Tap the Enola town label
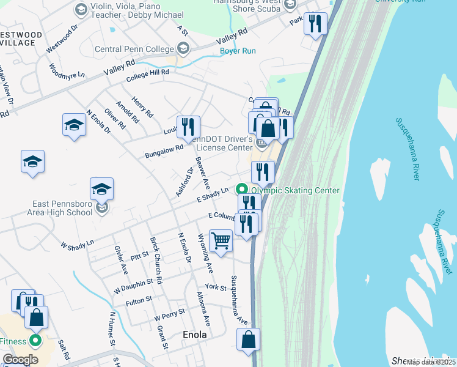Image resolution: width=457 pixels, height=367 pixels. [195, 335]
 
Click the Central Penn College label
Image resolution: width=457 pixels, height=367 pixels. [135, 49]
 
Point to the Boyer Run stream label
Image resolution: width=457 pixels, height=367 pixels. [238, 51]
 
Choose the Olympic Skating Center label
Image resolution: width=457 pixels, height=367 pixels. [295, 190]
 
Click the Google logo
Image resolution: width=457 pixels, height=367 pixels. [20, 360]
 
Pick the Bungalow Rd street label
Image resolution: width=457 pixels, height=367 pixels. [164, 151]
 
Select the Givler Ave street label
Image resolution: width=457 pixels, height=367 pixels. [120, 259]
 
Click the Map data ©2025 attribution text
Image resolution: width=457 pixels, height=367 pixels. [431, 362]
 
